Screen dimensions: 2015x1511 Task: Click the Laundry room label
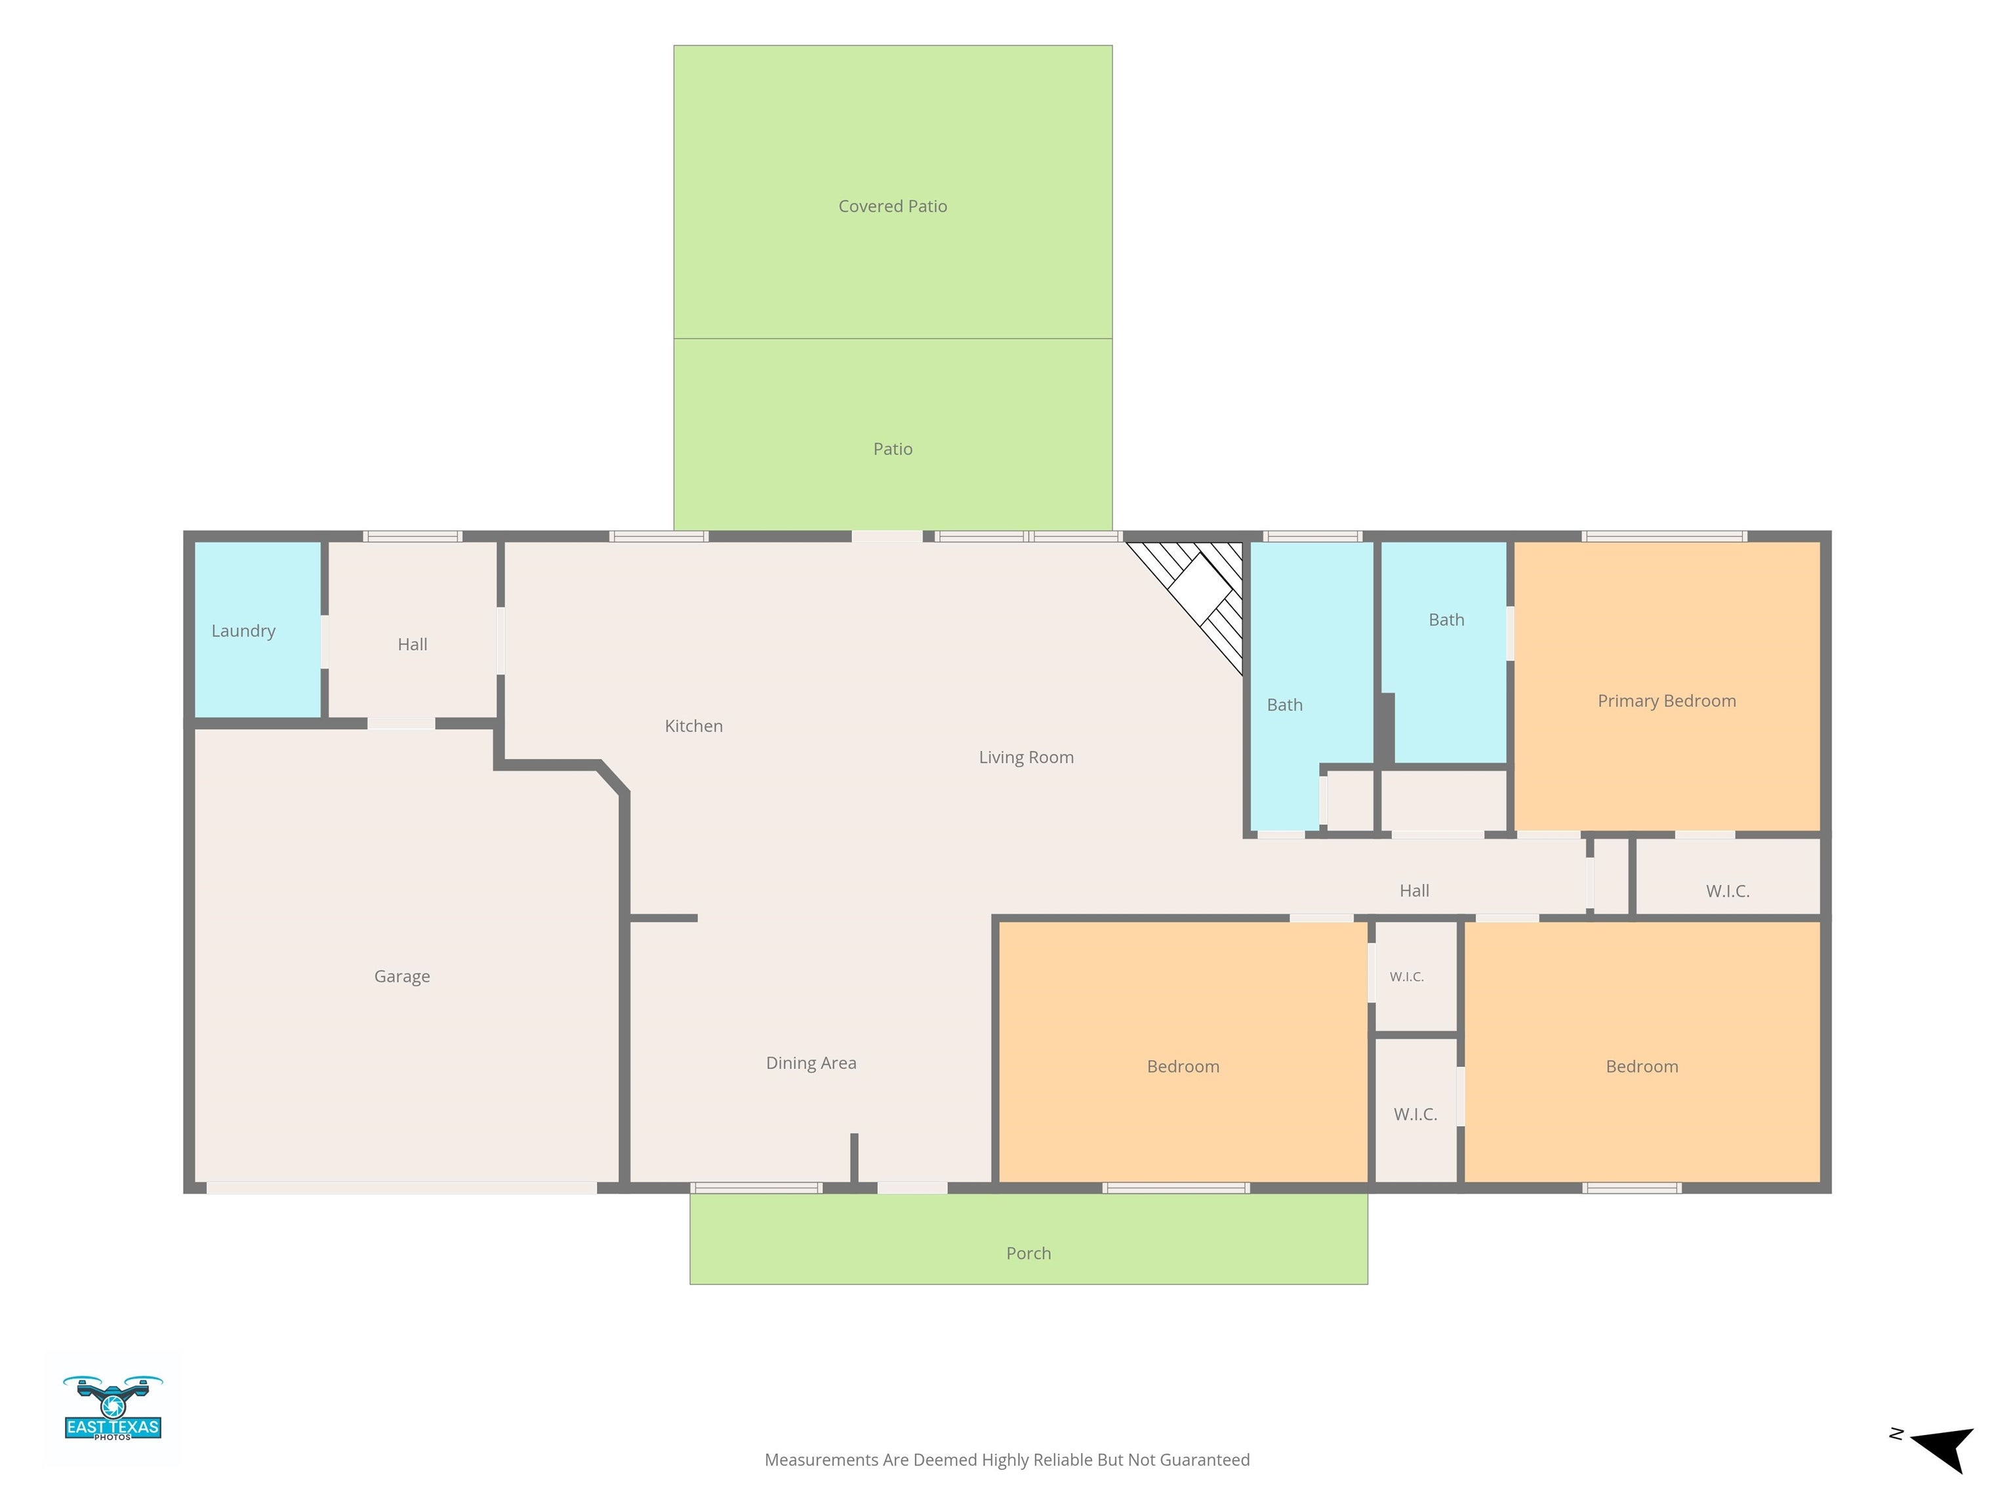pos(243,631)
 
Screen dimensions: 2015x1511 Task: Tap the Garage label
pos(401,977)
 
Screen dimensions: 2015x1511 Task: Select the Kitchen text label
pos(693,726)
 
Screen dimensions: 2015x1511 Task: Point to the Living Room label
pos(1026,757)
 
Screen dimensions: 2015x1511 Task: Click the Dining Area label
pos(811,1063)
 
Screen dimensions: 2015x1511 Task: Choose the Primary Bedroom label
pos(1666,701)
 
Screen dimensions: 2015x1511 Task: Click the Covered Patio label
pos(893,207)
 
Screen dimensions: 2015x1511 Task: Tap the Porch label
pos(1028,1253)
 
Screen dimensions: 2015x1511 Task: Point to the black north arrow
pos(1945,1449)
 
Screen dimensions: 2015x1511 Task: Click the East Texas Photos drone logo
pos(113,1408)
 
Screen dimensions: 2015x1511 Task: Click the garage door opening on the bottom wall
pos(401,1188)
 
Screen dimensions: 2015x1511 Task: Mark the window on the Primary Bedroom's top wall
pos(1664,536)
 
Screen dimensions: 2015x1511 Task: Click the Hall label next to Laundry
pos(412,645)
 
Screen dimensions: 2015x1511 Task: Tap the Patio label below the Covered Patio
pos(893,449)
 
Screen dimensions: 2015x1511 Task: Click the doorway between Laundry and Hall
pos(324,642)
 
